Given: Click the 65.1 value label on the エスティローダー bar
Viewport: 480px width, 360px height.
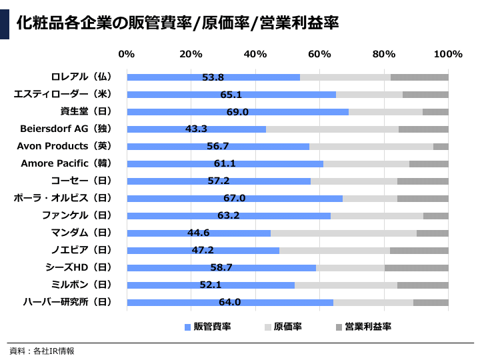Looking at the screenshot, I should (x=231, y=95).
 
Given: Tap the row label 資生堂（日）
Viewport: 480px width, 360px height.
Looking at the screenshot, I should (x=86, y=111).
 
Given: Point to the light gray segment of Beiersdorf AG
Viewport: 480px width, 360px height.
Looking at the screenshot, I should (x=332, y=129).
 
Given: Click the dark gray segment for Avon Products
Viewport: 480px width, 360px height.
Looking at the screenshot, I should (x=441, y=146).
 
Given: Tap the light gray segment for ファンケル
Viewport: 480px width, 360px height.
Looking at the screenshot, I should (x=377, y=215).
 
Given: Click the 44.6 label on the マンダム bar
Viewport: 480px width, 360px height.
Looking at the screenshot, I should (x=198, y=233).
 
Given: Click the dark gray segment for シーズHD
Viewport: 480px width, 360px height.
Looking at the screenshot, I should (x=417, y=267).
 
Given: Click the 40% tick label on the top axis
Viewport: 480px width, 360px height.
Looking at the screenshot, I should (x=255, y=54).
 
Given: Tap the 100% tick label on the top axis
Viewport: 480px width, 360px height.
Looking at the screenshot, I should (x=448, y=54).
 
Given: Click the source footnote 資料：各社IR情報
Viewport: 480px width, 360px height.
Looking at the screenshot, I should (x=41, y=351).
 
